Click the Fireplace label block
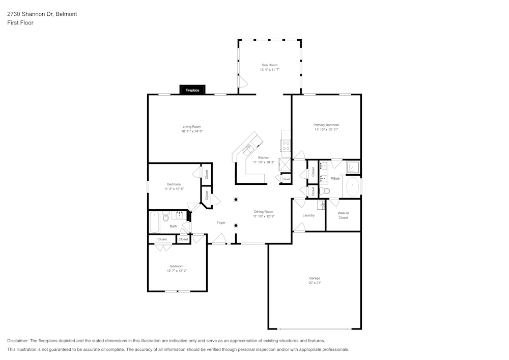coord(192,90)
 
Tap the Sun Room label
coord(270,65)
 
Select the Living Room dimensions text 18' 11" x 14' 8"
coord(192,131)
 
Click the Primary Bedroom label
coord(326,125)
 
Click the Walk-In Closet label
coord(343,215)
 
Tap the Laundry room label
coord(308,215)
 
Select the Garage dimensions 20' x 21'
coord(315,283)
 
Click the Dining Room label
coord(264,211)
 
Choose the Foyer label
coord(221,223)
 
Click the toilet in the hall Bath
coord(165,217)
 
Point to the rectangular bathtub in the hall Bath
coord(154,222)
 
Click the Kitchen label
coord(263,157)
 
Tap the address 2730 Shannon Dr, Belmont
coord(42,14)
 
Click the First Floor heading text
coord(20,23)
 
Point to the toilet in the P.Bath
coord(326,191)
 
